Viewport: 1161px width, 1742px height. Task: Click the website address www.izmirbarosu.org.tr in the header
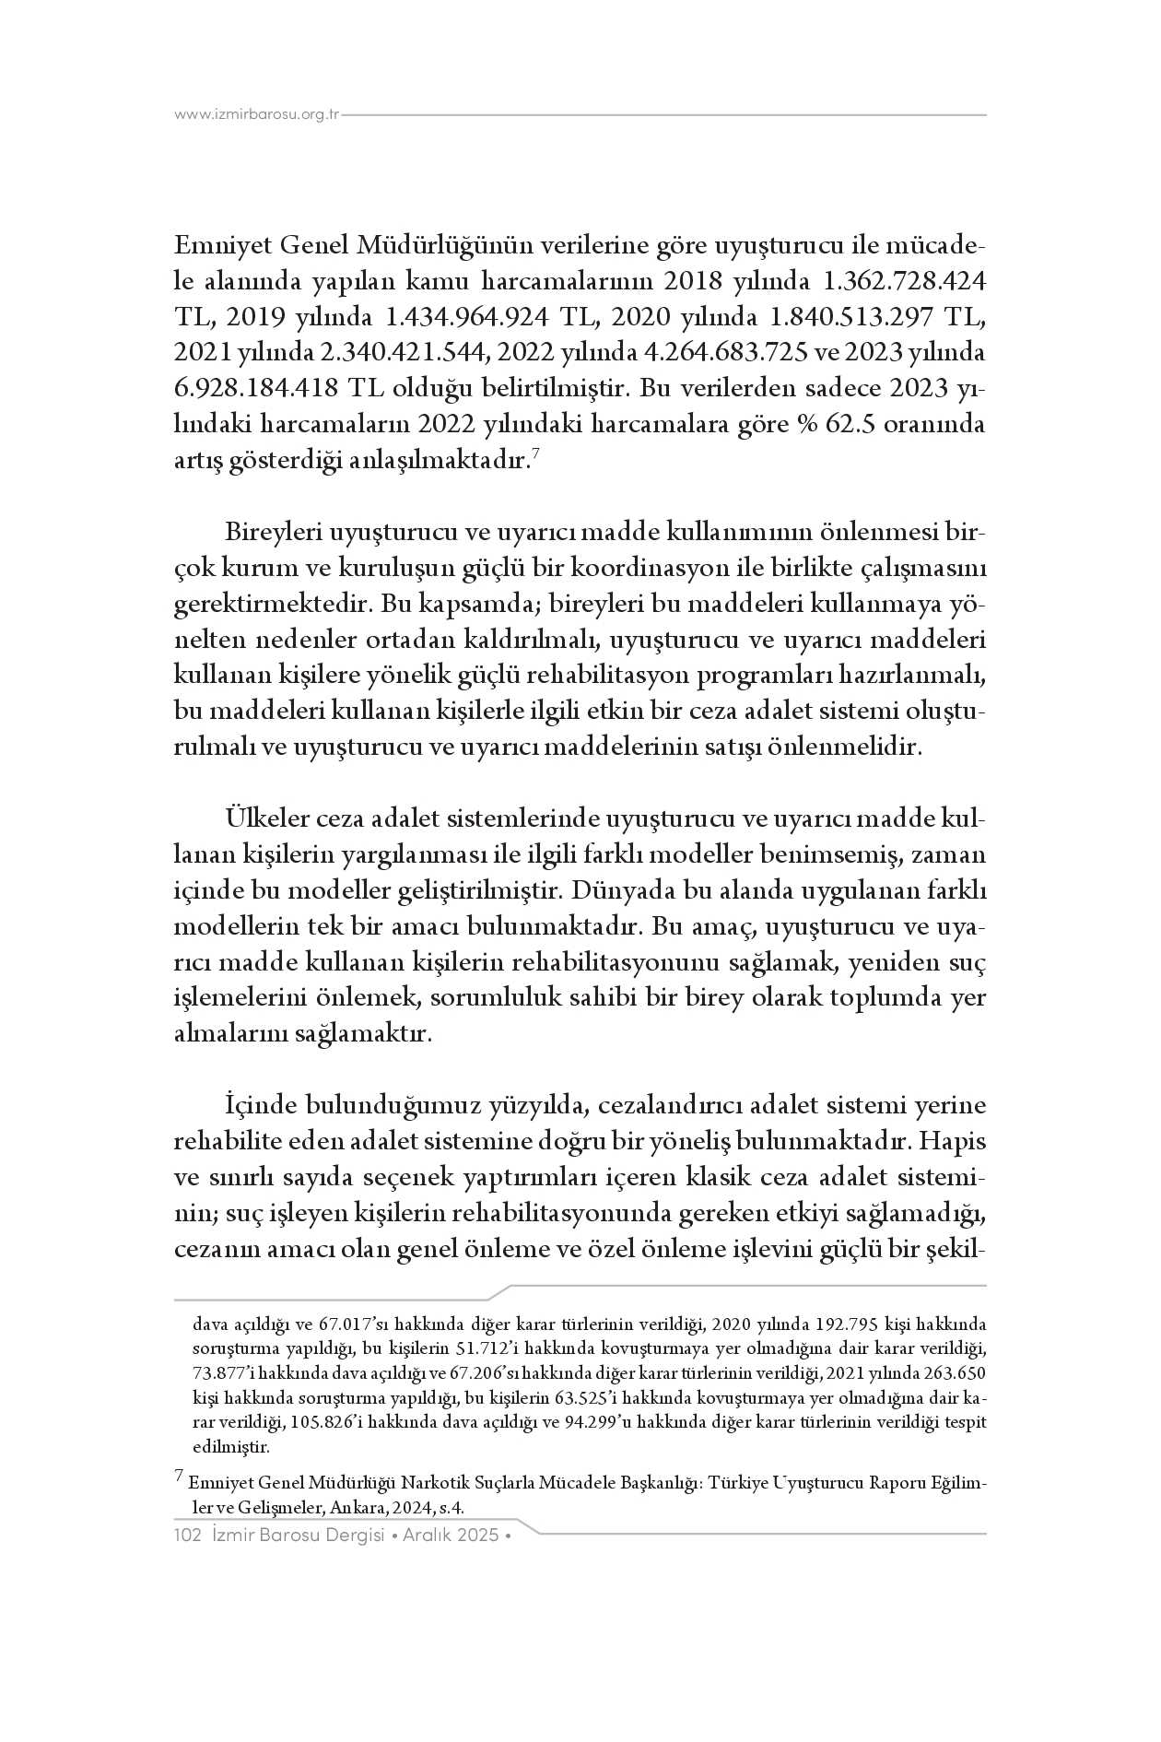point(257,115)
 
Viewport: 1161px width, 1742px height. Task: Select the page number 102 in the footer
point(188,1536)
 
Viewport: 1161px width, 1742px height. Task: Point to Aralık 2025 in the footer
point(454,1536)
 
